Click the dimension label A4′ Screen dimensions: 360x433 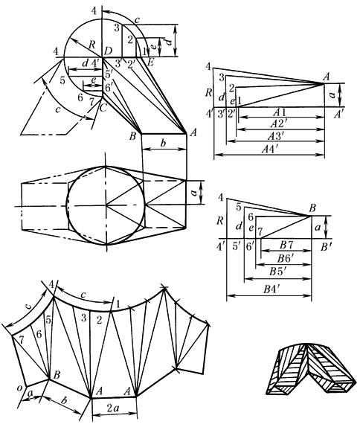point(270,150)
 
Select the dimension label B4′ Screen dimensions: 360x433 point(271,289)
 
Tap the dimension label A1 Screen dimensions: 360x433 point(280,112)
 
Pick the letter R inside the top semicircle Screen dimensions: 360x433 point(92,45)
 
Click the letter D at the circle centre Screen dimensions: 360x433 point(108,51)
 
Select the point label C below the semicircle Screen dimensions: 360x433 point(103,109)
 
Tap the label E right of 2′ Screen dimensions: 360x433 point(150,62)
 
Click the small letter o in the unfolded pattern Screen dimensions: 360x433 point(19,388)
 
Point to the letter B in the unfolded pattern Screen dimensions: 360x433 point(57,375)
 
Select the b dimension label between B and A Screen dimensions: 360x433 point(164,144)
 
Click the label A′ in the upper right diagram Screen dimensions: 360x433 point(338,115)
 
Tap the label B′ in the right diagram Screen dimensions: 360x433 point(325,247)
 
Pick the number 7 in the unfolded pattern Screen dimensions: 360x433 point(22,341)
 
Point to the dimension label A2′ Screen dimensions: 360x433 point(279,124)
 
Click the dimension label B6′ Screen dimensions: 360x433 point(286,259)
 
